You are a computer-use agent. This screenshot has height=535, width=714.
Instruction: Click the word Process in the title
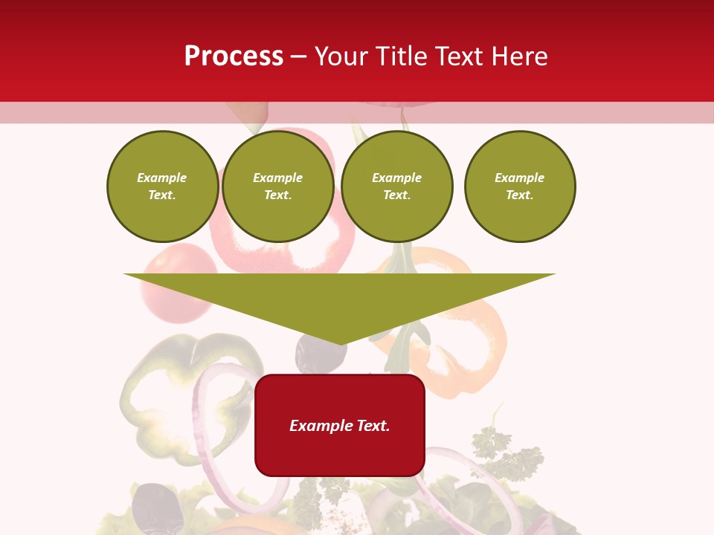pyautogui.click(x=234, y=56)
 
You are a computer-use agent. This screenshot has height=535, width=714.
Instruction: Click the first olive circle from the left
pyautogui.click(x=163, y=187)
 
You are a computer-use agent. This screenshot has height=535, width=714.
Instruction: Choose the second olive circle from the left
pyautogui.click(x=278, y=187)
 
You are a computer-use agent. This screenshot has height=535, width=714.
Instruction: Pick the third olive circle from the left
pyautogui.click(x=397, y=187)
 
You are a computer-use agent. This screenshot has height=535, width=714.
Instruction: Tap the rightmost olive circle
pyautogui.click(x=520, y=187)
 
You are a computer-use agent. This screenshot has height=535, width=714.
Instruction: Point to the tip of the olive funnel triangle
pyautogui.click(x=341, y=343)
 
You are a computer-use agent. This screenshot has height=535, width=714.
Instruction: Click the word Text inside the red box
pyautogui.click(x=372, y=426)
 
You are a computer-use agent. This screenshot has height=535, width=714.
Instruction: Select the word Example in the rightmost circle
pyautogui.click(x=520, y=178)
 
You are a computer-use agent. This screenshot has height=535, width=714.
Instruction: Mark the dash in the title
pyautogui.click(x=299, y=56)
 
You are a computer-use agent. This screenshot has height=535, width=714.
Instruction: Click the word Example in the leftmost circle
pyautogui.click(x=162, y=178)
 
